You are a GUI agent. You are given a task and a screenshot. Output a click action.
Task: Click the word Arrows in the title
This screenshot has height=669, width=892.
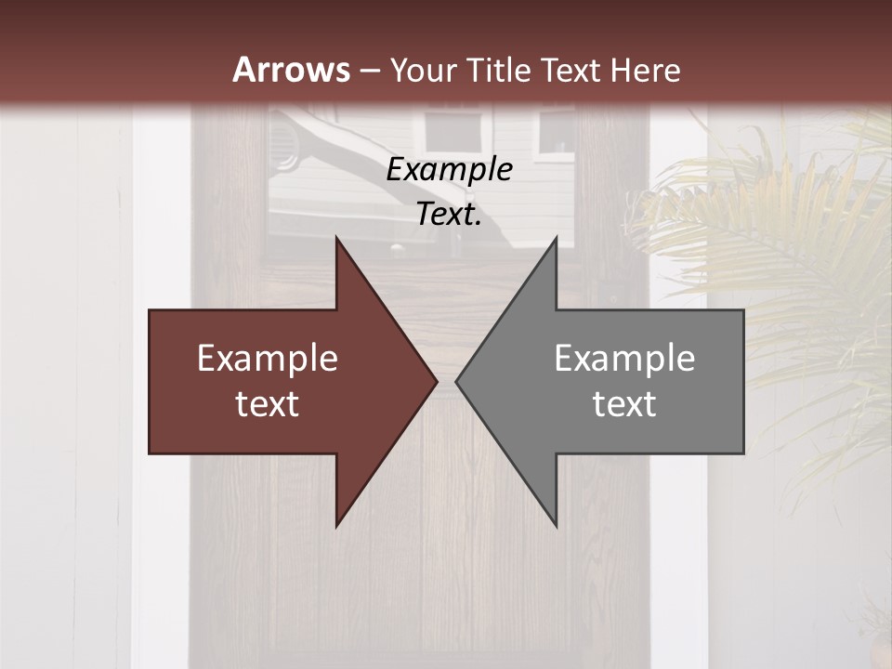click(x=292, y=70)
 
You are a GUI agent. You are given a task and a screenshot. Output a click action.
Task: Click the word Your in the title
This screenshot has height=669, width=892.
click(x=424, y=71)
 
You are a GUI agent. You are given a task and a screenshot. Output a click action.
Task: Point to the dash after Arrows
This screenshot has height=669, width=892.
click(x=369, y=71)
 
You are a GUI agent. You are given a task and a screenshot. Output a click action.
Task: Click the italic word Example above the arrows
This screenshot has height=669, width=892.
click(x=449, y=170)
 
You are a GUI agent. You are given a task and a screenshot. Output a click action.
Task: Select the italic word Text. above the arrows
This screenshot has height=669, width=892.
click(x=449, y=215)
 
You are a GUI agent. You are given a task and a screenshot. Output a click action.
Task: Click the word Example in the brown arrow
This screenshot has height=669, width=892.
click(x=267, y=359)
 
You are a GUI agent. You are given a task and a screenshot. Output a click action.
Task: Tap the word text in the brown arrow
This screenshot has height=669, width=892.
click(x=267, y=404)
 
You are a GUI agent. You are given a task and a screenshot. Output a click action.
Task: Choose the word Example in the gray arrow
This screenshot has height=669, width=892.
click(x=624, y=359)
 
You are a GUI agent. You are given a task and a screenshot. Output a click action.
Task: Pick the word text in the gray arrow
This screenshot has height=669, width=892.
click(x=624, y=404)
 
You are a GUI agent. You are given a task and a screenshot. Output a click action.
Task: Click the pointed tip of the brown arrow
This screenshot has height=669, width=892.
click(x=436, y=381)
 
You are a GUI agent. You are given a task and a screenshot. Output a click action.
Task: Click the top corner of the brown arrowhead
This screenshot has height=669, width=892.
click(x=337, y=238)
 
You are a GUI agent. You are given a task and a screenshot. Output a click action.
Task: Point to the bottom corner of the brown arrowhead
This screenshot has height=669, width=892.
click(x=337, y=525)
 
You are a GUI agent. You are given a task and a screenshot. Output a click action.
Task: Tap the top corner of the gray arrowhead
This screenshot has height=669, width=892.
click(x=556, y=238)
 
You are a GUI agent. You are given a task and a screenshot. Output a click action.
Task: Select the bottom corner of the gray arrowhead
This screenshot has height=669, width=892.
click(x=556, y=525)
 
